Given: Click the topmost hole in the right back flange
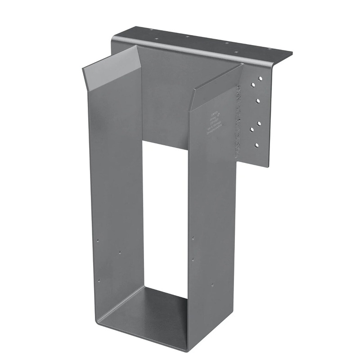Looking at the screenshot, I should [260, 78].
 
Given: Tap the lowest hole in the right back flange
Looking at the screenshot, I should [257, 145].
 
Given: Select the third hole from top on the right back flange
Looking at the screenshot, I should [259, 123].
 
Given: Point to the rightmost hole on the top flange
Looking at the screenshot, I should [270, 49].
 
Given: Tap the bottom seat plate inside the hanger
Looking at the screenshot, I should [148, 310].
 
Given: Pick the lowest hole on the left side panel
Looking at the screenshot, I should [99, 280].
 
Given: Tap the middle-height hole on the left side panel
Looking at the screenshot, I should [120, 252].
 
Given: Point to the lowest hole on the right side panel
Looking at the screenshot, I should [213, 284].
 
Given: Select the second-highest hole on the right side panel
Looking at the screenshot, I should [193, 259].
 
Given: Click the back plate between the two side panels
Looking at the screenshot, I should [164, 112].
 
